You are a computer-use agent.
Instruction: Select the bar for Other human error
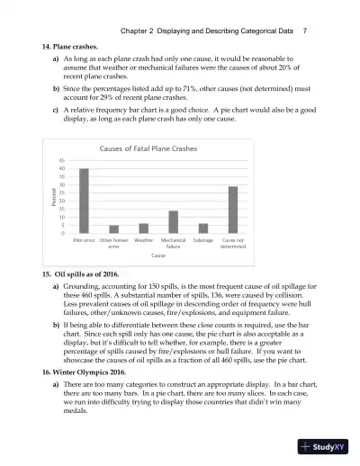tap(113, 229)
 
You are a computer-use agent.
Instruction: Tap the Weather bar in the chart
tap(143, 228)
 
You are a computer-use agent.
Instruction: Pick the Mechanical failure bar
tap(173, 221)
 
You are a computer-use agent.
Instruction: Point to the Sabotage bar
tap(203, 228)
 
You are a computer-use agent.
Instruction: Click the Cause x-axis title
tap(158, 255)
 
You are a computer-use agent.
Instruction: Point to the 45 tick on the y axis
tap(61, 159)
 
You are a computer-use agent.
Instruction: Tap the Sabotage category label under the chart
tap(203, 240)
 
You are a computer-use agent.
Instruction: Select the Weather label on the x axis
tap(143, 240)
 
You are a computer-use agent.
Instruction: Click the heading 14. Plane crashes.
tap(74, 44)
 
